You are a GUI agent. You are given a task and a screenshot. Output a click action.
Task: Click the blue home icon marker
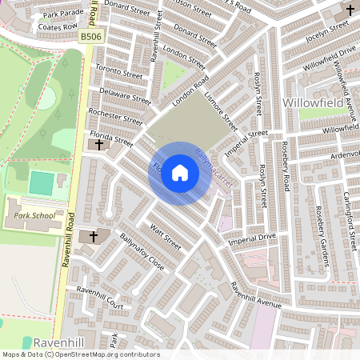click(180, 172)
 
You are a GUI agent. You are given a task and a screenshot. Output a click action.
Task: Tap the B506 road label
click(91, 37)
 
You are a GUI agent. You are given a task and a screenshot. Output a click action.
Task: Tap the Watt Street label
click(166, 238)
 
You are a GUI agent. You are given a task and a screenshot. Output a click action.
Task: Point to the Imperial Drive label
click(252, 238)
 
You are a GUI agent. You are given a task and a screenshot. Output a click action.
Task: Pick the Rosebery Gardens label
click(323, 231)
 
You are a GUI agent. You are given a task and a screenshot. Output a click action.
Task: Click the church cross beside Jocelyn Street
click(350, 10)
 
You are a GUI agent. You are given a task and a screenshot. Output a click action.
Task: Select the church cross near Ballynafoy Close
click(93, 237)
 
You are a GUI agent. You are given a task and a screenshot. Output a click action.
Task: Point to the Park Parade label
click(64, 14)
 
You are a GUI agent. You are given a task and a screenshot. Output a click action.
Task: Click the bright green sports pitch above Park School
click(40, 182)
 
